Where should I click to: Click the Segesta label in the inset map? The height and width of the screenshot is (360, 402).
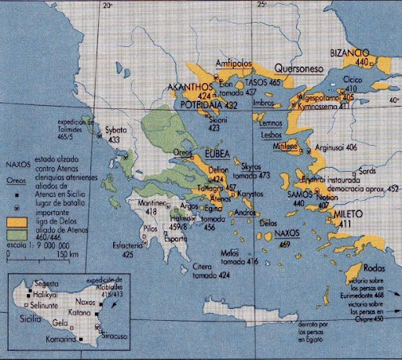point(46,284)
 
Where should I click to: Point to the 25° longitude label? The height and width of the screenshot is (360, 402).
point(261,5)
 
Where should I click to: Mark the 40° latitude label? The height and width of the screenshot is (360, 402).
point(393,100)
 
